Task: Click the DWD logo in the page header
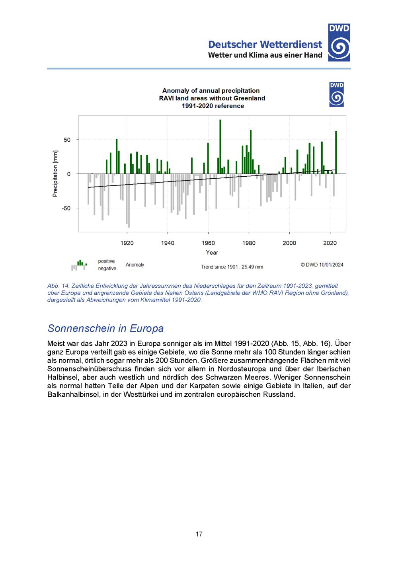(x=339, y=43)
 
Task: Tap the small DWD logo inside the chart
(x=336, y=95)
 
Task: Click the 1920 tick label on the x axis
(x=127, y=243)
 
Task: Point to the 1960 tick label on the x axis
(x=208, y=243)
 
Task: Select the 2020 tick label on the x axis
(x=330, y=243)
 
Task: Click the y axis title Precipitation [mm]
(x=55, y=174)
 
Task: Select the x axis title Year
(x=212, y=253)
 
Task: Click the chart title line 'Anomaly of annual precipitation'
(x=211, y=91)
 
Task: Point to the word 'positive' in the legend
(x=106, y=261)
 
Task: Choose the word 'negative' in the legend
(x=107, y=269)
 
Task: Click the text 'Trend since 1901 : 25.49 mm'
(x=232, y=267)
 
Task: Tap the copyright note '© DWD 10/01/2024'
(x=322, y=265)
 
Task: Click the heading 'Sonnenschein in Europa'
(x=105, y=329)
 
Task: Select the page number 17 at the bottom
(x=199, y=534)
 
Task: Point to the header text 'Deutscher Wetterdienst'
(x=265, y=45)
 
